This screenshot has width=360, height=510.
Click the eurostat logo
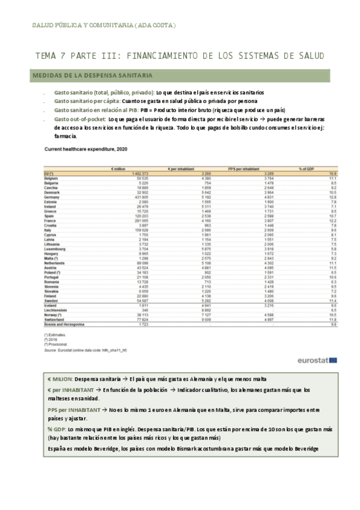point(317,360)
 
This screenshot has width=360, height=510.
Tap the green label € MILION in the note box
point(59,379)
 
